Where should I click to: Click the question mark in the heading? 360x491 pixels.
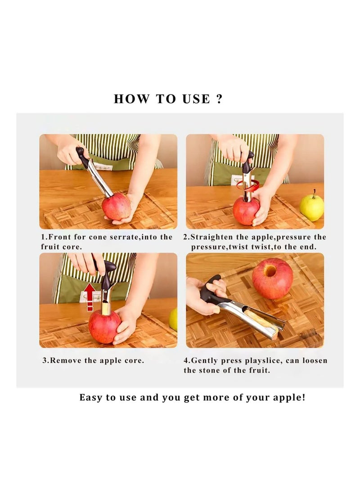click(219, 99)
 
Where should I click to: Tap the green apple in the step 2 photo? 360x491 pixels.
click(312, 207)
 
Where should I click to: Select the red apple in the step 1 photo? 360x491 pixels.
click(116, 207)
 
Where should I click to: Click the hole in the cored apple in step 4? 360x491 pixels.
click(270, 271)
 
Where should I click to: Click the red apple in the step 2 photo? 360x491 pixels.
click(246, 211)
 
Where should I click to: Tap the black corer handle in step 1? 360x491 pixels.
click(82, 157)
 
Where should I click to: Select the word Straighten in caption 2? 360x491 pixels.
click(214, 237)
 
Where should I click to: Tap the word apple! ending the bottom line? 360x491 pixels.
click(288, 398)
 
